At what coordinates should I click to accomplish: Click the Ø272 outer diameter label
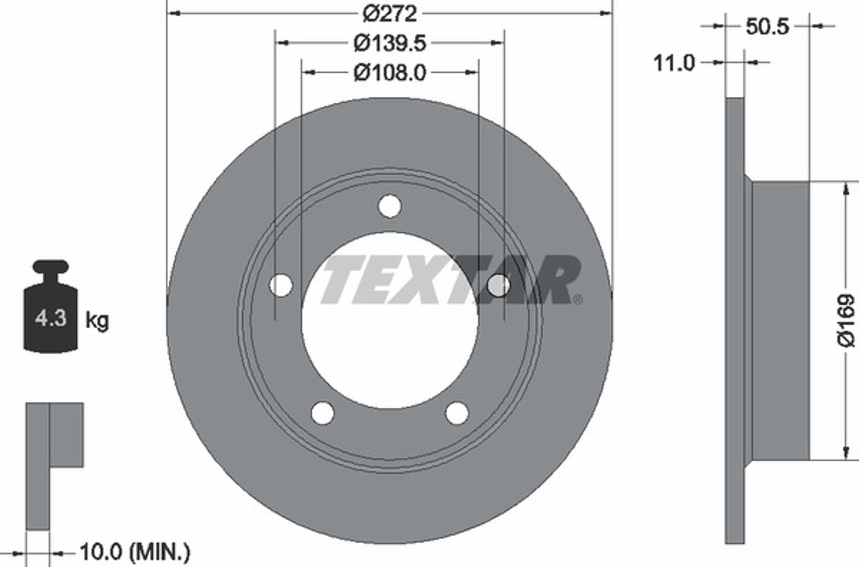390,14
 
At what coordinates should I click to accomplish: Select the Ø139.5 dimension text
390,43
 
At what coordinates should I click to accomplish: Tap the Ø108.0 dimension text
390,73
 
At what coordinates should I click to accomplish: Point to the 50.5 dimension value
767,26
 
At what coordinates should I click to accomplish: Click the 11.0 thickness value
674,63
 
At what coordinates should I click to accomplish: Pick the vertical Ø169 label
845,321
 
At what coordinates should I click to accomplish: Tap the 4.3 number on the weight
51,319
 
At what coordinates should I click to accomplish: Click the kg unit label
97,321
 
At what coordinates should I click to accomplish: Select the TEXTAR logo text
451,280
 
